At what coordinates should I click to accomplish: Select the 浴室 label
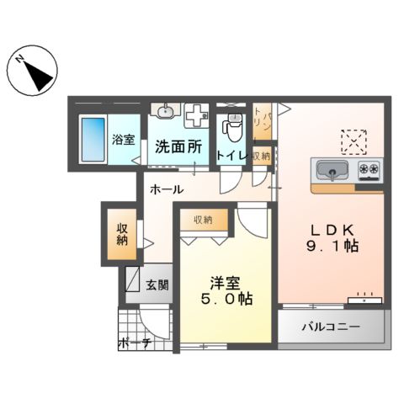pyautogui.click(x=123, y=140)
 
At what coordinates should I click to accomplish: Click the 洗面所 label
pyautogui.click(x=178, y=146)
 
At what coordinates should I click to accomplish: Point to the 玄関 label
pyautogui.click(x=157, y=284)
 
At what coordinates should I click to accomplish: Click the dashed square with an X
pyautogui.click(x=353, y=139)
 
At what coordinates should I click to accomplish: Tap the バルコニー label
pyautogui.click(x=333, y=328)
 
